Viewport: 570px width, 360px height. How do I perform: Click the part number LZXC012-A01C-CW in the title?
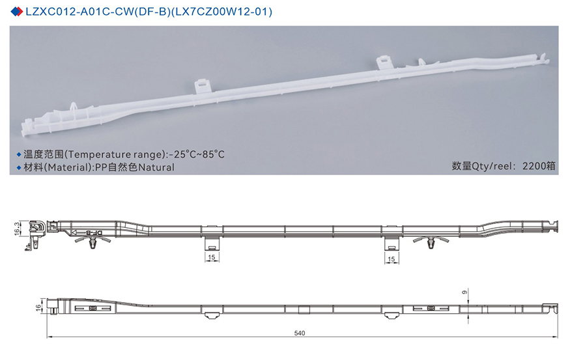click(73, 12)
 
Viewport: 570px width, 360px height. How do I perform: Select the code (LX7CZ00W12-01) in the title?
click(223, 12)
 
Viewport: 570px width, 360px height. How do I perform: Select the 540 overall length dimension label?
click(299, 333)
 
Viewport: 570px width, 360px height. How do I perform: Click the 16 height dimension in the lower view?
click(38, 307)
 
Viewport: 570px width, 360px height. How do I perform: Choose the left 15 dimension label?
click(211, 258)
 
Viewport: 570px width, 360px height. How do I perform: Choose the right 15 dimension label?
click(391, 258)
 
